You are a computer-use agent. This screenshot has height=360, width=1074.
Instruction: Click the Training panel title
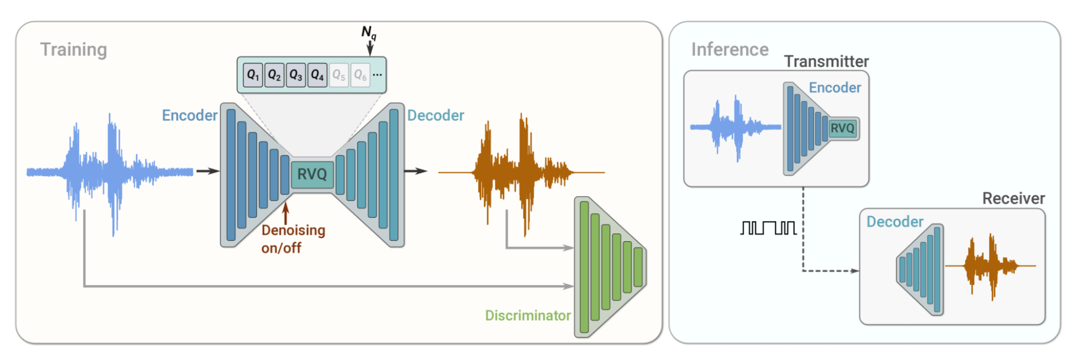click(74, 49)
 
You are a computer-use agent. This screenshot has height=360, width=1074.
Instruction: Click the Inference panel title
click(729, 49)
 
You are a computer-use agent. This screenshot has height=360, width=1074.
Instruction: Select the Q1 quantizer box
click(253, 75)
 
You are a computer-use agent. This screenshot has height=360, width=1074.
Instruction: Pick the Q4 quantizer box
click(317, 75)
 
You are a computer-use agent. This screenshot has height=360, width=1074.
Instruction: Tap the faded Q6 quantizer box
click(360, 75)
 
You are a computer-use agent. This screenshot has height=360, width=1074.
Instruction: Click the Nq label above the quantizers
click(369, 33)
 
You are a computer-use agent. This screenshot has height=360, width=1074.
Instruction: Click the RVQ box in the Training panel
click(312, 174)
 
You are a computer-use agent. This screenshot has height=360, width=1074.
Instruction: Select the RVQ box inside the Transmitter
click(842, 128)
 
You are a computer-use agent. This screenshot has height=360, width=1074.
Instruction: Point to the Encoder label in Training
click(190, 116)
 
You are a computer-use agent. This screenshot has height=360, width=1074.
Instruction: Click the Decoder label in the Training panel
click(435, 116)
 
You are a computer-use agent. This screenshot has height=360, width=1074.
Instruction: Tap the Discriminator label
click(528, 315)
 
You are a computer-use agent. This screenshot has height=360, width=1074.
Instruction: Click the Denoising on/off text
click(293, 239)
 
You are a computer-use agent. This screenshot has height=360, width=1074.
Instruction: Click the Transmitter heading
click(826, 62)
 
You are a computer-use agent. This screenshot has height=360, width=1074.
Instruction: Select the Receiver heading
click(1013, 199)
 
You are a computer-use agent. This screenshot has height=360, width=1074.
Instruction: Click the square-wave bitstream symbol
click(768, 228)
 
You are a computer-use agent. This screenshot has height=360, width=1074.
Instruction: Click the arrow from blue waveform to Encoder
click(207, 171)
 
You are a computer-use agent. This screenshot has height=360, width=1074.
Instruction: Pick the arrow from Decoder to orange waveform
click(415, 171)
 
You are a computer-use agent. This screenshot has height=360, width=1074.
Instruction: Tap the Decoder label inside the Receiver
click(895, 222)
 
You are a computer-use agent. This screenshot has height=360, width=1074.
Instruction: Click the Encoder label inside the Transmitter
click(834, 88)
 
